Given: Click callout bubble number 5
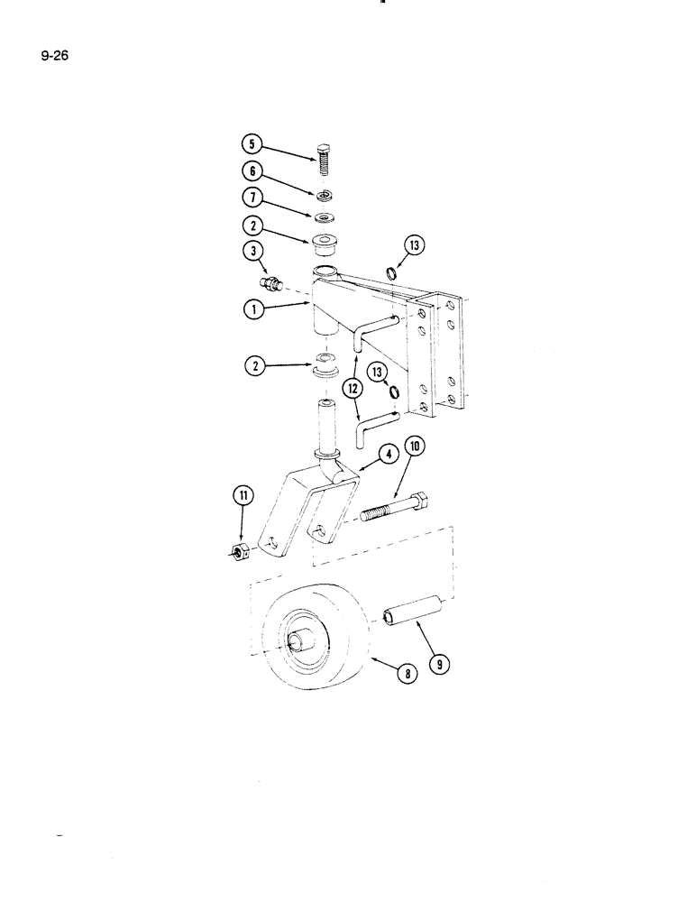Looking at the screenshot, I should [252, 144].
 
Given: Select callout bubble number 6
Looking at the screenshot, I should [252, 170].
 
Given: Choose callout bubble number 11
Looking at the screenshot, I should [243, 494].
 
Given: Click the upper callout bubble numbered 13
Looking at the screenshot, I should [416, 245].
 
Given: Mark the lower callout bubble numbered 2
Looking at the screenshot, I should [252, 366].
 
